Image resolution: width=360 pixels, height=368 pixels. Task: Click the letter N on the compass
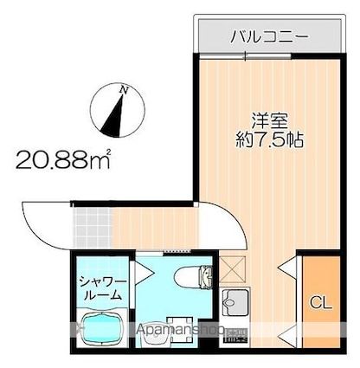click(x=125, y=89)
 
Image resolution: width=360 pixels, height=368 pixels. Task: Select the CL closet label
click(x=319, y=303)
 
